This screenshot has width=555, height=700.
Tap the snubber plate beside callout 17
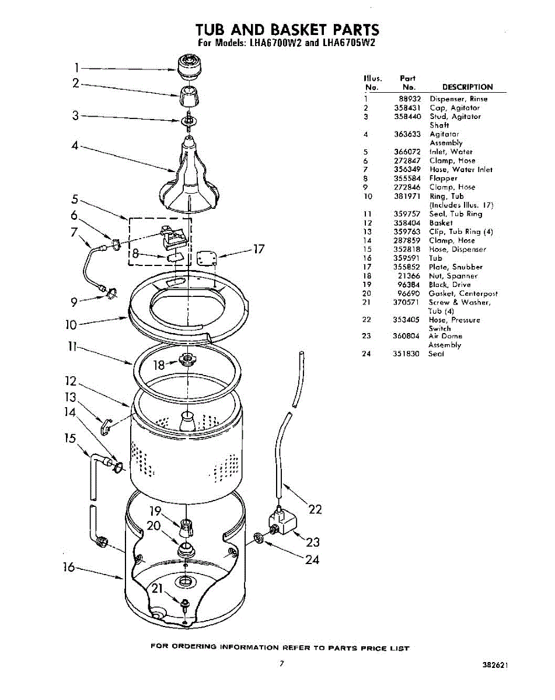207,258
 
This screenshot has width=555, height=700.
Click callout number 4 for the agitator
74,146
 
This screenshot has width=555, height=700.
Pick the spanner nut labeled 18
189,360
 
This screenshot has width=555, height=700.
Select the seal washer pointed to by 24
259,538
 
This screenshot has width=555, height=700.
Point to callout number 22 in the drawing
315,510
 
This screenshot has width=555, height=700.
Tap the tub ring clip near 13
105,428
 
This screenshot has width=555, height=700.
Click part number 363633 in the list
407,134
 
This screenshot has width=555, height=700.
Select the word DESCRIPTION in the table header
467,87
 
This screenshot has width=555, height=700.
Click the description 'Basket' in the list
441,223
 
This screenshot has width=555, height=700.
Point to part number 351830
407,353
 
